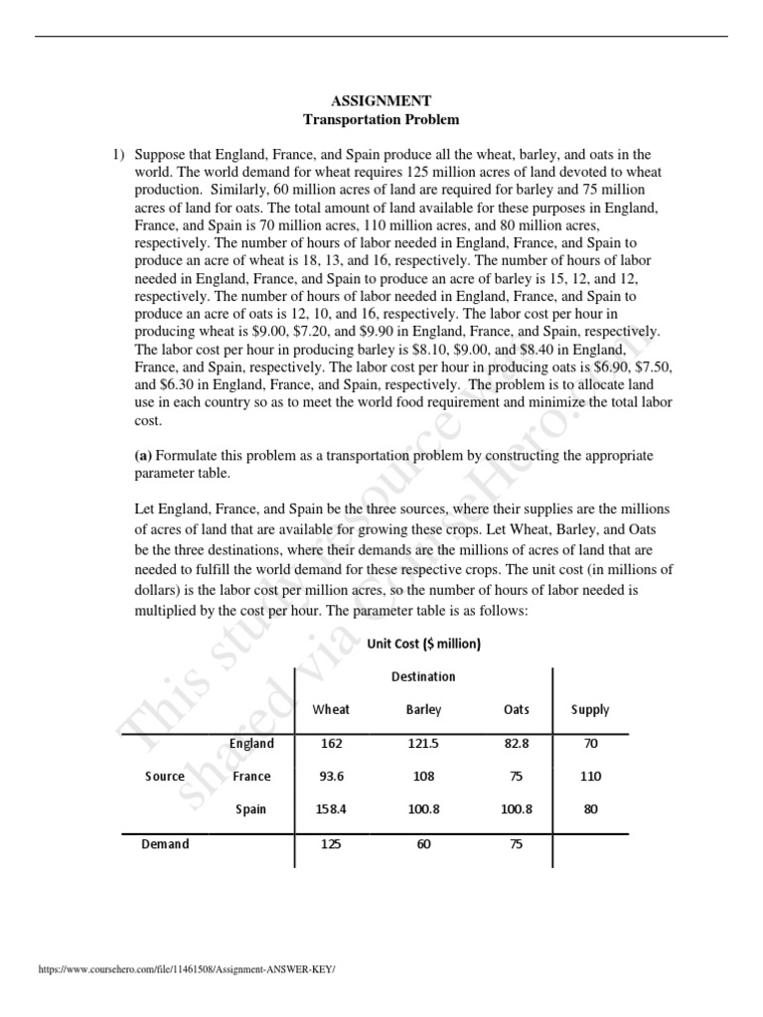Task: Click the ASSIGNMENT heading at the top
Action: coord(381,100)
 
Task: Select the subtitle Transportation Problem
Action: coord(381,119)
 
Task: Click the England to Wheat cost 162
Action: coord(331,743)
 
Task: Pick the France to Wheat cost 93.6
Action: coord(331,777)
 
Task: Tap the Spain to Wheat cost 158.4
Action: coord(331,809)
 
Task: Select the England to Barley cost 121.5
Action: coord(423,743)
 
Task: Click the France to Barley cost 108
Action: coord(423,777)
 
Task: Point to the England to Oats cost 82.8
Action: coord(517,743)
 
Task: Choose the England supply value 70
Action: coord(591,743)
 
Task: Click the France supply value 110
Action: coord(591,777)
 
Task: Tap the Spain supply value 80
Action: coord(591,809)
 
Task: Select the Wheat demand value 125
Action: coord(331,845)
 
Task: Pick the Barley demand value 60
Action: coord(423,845)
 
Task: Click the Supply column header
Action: coord(590,710)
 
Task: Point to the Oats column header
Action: coord(517,710)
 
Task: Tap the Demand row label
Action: coord(165,845)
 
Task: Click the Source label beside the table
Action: coord(165,777)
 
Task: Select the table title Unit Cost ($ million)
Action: coord(423,644)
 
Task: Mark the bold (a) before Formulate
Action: coord(142,456)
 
